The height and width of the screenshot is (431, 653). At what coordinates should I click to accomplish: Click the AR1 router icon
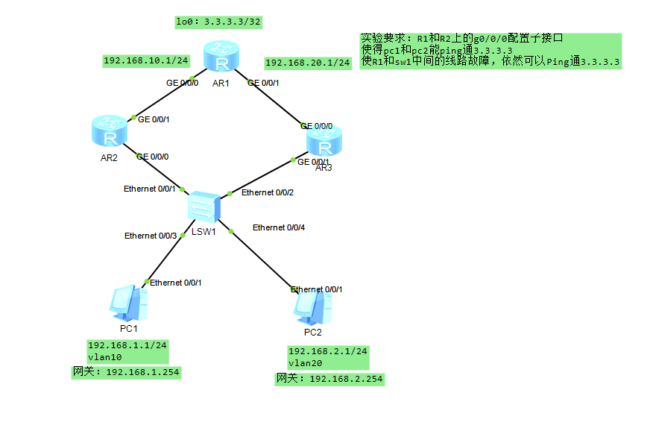pos(221,57)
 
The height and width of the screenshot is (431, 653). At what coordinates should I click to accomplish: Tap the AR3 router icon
pos(324,142)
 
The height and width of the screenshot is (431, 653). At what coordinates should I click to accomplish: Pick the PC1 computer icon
pos(127,302)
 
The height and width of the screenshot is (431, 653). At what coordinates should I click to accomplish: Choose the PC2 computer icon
pos(312,306)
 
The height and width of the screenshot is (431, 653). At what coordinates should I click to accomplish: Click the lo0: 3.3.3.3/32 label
pos(218,22)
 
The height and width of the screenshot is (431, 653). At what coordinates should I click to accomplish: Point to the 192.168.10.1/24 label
pos(145,60)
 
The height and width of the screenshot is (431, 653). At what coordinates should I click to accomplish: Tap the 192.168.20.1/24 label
pos(307,63)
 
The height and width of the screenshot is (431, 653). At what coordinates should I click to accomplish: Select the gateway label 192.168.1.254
pos(125,371)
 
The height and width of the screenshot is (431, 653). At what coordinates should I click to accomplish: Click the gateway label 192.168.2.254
pos(329,379)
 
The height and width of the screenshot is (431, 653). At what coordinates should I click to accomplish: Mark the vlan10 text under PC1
pos(104,357)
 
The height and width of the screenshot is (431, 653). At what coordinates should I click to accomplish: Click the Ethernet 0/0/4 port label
pos(279,227)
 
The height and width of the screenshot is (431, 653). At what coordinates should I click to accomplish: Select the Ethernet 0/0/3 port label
pos(151,236)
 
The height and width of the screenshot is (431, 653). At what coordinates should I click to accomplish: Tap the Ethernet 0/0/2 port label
pos(268,193)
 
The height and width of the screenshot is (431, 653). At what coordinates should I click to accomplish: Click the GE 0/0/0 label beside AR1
pos(182,83)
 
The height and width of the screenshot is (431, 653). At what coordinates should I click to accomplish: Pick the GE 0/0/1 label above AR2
pos(154,119)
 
